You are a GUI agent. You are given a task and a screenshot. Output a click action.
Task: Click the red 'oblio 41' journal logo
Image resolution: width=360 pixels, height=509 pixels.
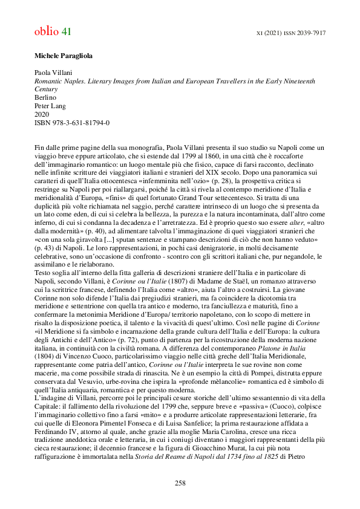(53, 31)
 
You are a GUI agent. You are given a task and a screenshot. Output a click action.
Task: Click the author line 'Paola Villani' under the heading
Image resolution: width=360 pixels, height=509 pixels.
(53, 72)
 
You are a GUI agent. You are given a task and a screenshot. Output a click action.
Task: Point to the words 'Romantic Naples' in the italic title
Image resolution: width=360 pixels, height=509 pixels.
(56, 80)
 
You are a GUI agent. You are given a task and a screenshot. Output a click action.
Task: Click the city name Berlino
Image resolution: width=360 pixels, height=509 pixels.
(44, 97)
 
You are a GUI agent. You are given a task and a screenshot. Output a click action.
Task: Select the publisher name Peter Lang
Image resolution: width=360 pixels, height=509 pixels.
(50, 106)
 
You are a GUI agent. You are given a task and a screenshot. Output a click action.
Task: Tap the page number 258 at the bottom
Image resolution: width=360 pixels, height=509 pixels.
(180, 482)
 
